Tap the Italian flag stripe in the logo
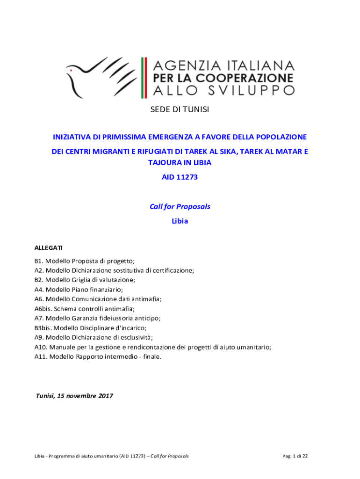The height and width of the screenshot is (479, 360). pos(144,78)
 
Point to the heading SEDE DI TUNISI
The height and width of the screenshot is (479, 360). pos(180,109)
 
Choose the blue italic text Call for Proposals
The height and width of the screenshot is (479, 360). pos(180,206)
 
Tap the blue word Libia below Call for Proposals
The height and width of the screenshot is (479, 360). pos(180,221)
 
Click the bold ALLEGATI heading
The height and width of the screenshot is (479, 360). pos(49,247)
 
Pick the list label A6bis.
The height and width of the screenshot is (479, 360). pos(43,308)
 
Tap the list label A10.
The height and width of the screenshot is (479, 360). pos(40,347)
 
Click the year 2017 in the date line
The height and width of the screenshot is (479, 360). pos(106,396)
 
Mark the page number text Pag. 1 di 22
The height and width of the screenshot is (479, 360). pos(295,456)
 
